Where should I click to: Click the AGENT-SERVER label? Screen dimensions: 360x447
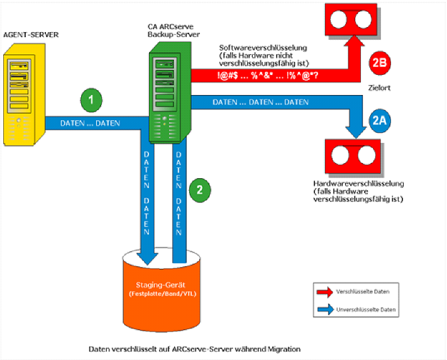coord(31,34)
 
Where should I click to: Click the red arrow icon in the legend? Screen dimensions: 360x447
coord(325,293)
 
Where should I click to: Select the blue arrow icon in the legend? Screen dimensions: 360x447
coord(325,310)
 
